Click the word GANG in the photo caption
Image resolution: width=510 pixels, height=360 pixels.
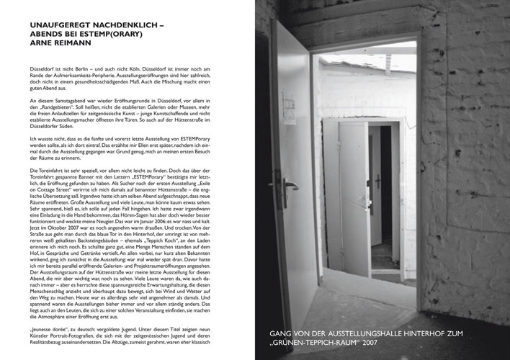click(282, 335)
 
